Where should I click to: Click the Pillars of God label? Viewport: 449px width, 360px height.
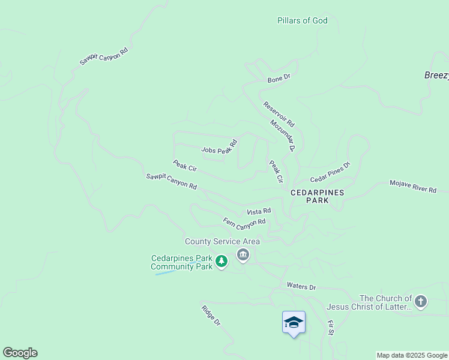click(x=303, y=20)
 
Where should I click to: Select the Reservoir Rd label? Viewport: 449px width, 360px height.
click(x=279, y=113)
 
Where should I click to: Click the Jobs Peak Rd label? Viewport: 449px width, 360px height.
click(x=220, y=147)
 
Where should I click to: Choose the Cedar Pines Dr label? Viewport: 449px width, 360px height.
click(x=330, y=172)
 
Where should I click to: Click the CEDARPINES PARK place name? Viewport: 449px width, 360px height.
click(x=318, y=197)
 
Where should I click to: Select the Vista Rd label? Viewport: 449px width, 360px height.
click(x=259, y=212)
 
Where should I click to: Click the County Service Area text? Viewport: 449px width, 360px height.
click(x=222, y=241)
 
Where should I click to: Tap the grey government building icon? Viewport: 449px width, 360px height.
click(x=243, y=256)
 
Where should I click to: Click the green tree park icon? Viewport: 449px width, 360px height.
click(x=221, y=262)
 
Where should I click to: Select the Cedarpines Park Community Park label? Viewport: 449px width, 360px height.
click(x=181, y=263)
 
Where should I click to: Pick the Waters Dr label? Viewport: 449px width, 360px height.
click(x=301, y=286)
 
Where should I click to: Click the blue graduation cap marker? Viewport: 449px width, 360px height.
click(x=294, y=322)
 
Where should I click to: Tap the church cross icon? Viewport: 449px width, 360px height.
click(x=421, y=302)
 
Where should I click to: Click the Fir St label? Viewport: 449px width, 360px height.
click(x=330, y=328)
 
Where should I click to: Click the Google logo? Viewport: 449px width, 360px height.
click(x=20, y=353)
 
